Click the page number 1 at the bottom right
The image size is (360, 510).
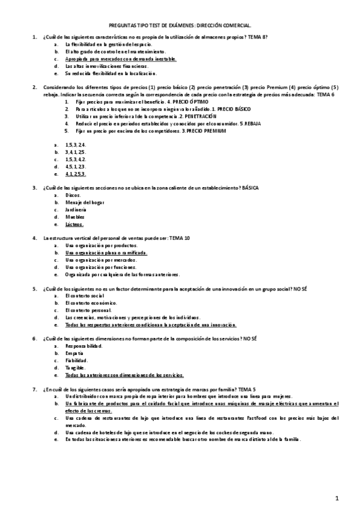point(338,497)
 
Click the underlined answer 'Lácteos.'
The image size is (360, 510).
point(75,224)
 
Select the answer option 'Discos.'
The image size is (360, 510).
point(73,195)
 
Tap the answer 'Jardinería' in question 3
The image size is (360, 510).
point(76,209)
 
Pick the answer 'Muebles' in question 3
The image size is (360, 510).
point(75,217)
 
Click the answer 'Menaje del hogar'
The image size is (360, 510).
point(84,202)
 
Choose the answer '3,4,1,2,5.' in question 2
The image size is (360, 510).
point(76,152)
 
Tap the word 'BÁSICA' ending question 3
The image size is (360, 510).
point(251,188)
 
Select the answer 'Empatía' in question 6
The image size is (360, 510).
point(75,354)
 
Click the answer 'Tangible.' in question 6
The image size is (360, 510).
point(76,368)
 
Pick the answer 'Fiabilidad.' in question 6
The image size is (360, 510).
point(78,361)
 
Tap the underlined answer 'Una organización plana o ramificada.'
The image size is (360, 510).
point(106,253)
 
